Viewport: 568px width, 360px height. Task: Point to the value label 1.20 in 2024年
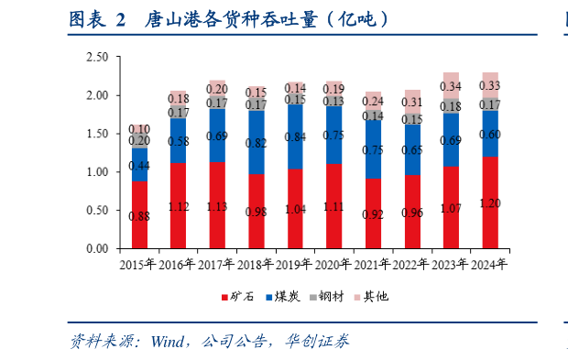click(x=490, y=203)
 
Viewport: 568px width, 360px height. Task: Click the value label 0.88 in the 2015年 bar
click(x=139, y=216)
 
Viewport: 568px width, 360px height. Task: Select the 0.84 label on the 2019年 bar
click(x=295, y=136)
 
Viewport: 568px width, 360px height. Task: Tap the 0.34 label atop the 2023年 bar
click(x=451, y=87)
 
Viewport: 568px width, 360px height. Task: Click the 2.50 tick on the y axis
click(x=96, y=57)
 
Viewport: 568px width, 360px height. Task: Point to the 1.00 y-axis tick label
click(x=96, y=172)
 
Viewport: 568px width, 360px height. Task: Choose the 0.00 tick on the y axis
click(x=96, y=249)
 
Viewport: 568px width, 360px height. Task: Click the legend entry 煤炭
click(x=285, y=296)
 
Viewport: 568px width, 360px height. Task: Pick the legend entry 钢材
click(x=329, y=296)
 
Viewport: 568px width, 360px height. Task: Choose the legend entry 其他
click(x=374, y=296)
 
